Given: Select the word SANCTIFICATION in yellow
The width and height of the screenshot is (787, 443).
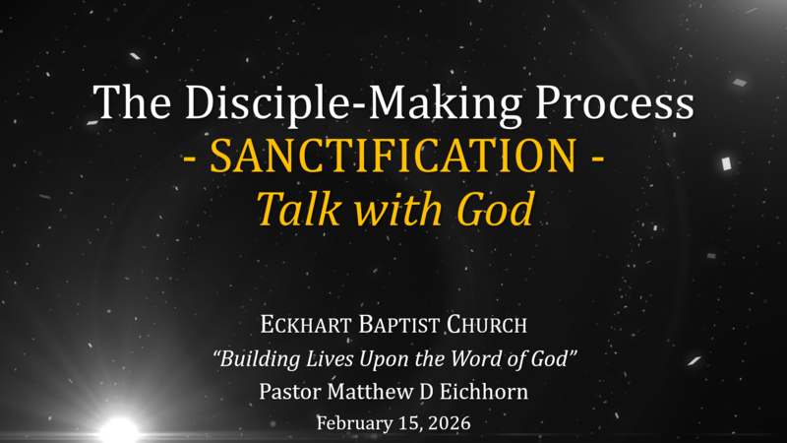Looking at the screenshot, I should point(393,157).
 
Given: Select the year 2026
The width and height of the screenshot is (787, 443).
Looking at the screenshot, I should point(451,423).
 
